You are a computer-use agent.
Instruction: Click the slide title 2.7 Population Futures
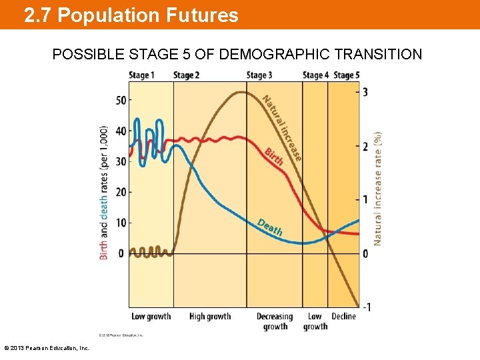tap(131, 15)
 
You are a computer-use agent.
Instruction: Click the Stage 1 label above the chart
tap(141, 75)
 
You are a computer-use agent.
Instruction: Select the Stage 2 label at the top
tap(187, 75)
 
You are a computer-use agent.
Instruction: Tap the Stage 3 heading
tap(259, 75)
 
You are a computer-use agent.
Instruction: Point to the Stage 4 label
tap(315, 75)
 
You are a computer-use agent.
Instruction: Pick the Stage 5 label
tap(347, 75)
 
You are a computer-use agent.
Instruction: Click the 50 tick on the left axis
tap(121, 101)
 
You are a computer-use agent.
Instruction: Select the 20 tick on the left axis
tap(121, 192)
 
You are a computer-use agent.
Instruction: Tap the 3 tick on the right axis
tap(365, 93)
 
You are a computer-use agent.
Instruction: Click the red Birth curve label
tap(274, 157)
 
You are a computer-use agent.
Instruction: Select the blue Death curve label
tap(270, 227)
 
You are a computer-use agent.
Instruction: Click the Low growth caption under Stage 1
tap(151, 316)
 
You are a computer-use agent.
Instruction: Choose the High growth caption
tap(210, 316)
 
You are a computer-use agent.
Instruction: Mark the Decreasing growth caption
tap(275, 321)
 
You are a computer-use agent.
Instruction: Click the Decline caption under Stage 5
tap(344, 316)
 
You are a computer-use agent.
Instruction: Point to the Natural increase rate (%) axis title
tap(378, 187)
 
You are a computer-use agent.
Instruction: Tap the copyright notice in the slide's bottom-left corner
tap(47, 348)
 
